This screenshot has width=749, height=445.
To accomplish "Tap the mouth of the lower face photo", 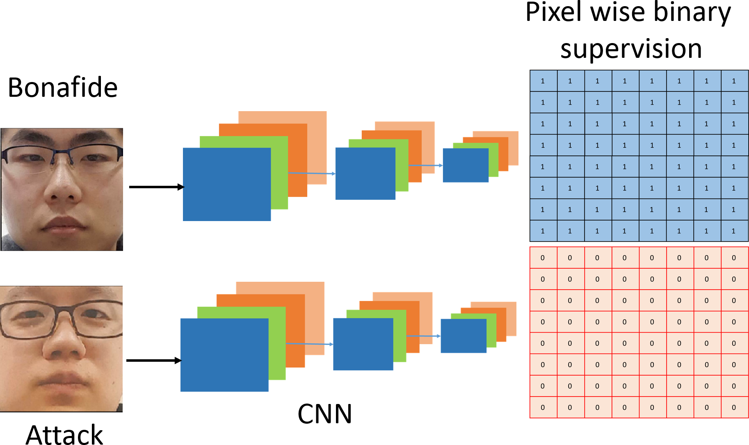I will [62, 379].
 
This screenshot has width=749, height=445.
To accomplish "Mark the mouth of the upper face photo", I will [64, 224].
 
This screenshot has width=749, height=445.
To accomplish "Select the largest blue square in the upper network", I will [227, 184].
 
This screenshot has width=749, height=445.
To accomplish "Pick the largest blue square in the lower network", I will [224, 355].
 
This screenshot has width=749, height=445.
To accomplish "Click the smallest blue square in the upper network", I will [466, 165].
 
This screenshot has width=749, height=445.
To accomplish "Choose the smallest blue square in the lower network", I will [464, 336].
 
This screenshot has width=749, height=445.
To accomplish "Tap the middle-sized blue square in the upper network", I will [365, 173].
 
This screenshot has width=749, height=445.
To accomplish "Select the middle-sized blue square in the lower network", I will [363, 344].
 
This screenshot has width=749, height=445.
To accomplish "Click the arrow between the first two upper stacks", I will [312, 173].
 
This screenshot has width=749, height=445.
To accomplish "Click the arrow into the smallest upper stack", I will [426, 165].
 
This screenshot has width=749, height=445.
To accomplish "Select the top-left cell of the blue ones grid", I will [543, 81].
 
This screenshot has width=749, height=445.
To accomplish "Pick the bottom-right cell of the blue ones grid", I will [734, 231].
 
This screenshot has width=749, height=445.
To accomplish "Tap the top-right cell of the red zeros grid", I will [734, 258].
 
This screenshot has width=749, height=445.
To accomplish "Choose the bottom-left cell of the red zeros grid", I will [543, 407].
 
